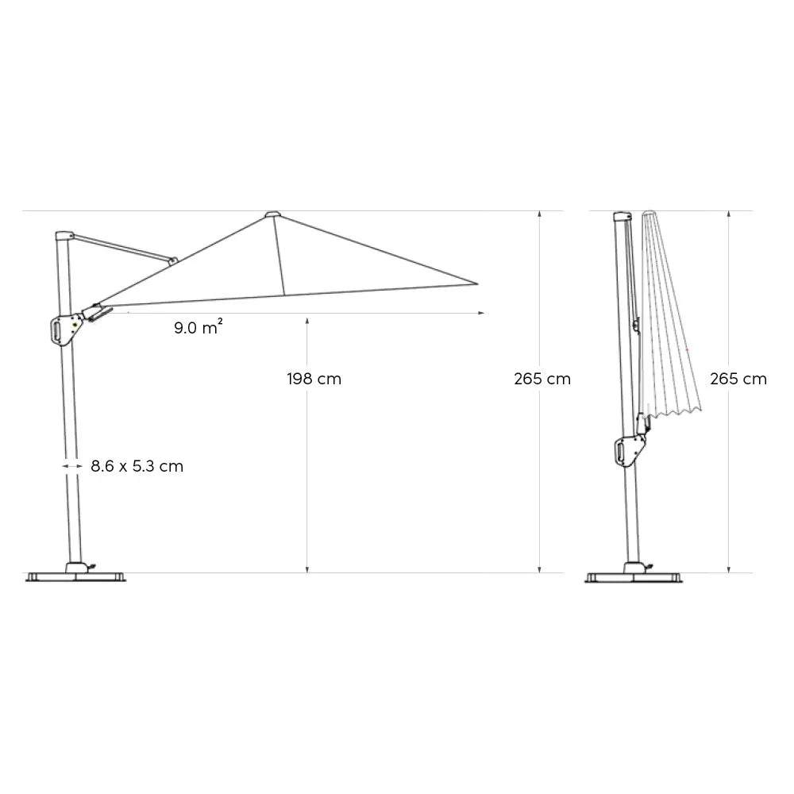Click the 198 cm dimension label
314,379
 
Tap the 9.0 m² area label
198,327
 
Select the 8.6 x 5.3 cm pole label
137,466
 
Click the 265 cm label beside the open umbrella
542,379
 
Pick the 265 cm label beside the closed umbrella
738,379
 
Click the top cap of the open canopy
272,214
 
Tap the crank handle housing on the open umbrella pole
63,330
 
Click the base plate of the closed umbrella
634,575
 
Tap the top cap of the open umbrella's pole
63,236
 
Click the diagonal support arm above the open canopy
123,247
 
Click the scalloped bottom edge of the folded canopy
673,410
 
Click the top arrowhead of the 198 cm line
307,319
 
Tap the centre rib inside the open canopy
279,254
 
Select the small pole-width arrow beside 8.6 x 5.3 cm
71,466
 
